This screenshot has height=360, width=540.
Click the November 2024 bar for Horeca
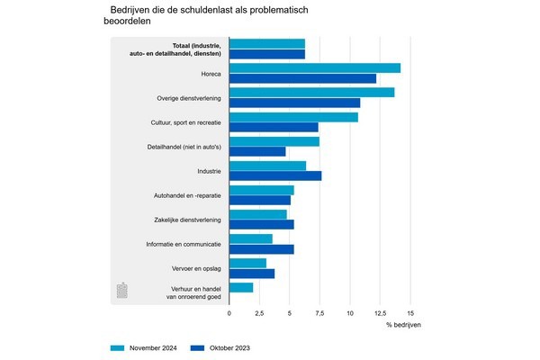coord(315,68)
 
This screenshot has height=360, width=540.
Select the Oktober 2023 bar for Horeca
coord(302,78)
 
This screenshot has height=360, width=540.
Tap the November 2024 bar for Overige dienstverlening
coord(311,93)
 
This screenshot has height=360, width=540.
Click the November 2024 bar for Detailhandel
coord(274,141)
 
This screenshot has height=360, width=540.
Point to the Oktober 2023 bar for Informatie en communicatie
coord(261,249)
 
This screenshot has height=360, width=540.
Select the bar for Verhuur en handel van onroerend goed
coord(241,287)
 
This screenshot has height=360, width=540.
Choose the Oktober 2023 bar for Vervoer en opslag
coord(252,274)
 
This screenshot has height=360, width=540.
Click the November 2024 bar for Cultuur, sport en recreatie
coord(293,117)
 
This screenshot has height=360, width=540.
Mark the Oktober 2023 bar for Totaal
coord(267,54)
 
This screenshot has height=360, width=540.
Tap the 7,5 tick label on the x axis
coord(319,312)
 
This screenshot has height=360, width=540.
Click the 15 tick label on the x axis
coord(410,312)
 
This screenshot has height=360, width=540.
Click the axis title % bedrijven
coord(403,324)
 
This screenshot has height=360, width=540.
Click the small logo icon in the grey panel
coord(123,291)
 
